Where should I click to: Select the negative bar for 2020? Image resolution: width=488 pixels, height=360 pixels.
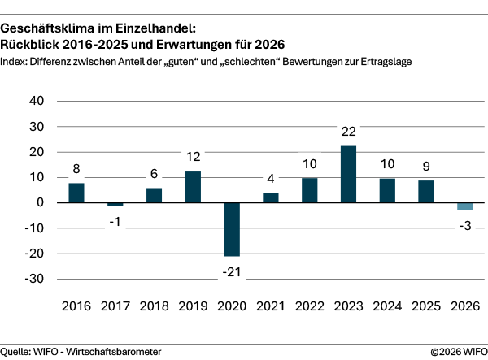tap(232, 229)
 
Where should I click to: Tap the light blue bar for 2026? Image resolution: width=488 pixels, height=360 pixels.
tap(464, 206)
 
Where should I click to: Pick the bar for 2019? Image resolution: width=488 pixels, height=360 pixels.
tap(193, 187)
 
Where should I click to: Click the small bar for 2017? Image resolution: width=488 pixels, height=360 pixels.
tap(115, 204)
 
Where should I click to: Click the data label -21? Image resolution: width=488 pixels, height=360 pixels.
tap(232, 270)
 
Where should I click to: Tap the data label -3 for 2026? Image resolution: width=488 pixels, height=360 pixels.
tap(464, 224)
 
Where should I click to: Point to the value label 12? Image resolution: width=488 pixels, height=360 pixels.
tap(193, 157)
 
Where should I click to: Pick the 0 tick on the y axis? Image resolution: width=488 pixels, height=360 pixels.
tap(41, 202)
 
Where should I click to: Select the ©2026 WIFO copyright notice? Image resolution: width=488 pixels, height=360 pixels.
tap(456, 351)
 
